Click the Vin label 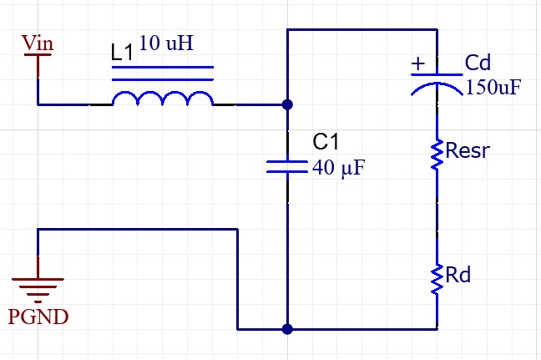pos(38,41)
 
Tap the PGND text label pos(38,317)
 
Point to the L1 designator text pos(123,52)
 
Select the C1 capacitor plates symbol pos(287,166)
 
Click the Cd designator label pos(480,63)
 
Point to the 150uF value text pos(493,87)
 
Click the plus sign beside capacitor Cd pos(419,63)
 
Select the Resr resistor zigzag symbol pos(437,155)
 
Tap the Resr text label pos(468,151)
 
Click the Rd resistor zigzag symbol pos(437,279)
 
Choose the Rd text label pos(458,274)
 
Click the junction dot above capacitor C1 pos(287,105)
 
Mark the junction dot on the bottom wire pos(287,329)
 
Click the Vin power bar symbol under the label pos(38,56)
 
